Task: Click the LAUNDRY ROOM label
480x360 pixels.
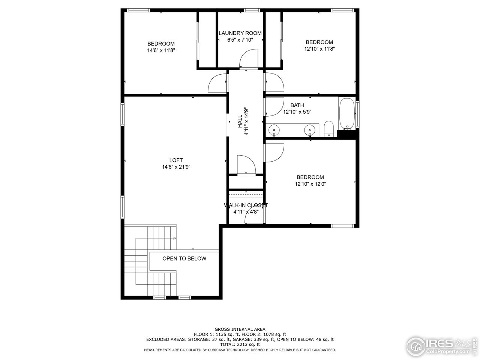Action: click(x=240, y=33)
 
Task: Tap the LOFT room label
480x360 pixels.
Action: click(x=175, y=160)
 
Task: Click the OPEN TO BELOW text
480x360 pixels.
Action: click(x=184, y=258)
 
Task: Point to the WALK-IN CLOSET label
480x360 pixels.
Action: click(x=246, y=205)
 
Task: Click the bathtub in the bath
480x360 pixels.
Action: click(x=347, y=114)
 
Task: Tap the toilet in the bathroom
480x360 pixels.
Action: click(x=328, y=129)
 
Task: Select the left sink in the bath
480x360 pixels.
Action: click(x=274, y=130)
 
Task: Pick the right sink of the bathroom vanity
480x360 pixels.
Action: click(x=309, y=130)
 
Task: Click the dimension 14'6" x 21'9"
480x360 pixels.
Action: click(x=175, y=167)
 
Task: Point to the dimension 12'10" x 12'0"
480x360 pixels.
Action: click(x=310, y=184)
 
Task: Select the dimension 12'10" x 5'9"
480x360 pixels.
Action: click(x=297, y=112)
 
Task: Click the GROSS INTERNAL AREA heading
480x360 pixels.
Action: click(x=240, y=329)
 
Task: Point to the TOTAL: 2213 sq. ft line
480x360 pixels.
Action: click(x=240, y=344)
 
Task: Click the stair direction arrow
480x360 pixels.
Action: click(x=175, y=238)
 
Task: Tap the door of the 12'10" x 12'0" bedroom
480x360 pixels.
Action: click(x=274, y=153)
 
